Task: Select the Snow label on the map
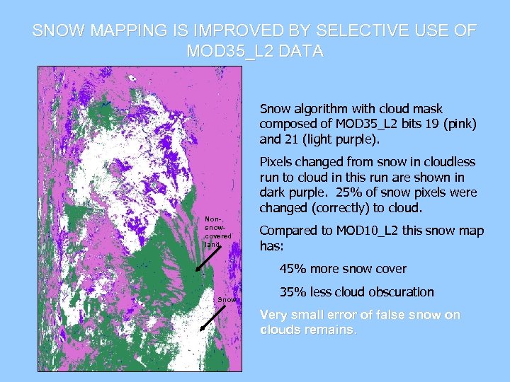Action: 227,300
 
